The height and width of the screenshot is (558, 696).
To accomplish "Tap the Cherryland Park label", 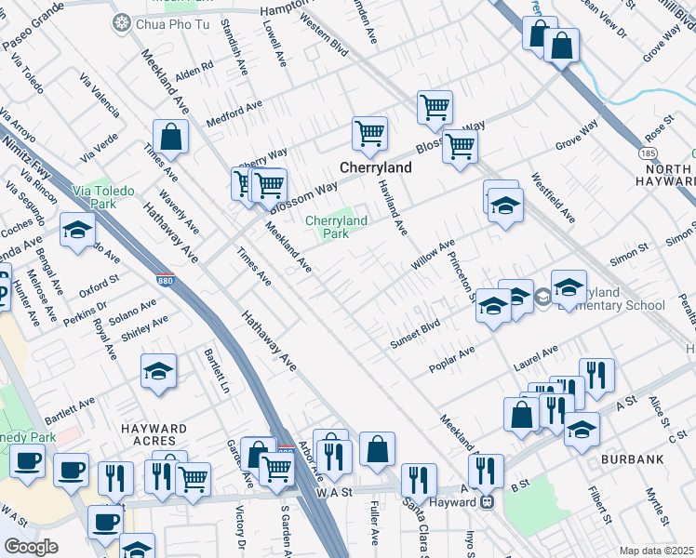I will (x=336, y=227).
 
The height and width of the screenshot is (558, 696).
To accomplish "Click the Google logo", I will (x=31, y=547).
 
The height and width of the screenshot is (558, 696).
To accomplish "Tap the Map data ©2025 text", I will (x=656, y=551).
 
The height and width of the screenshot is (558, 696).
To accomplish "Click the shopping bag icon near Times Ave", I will (x=172, y=138).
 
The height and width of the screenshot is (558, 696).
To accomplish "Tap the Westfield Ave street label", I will (x=553, y=197).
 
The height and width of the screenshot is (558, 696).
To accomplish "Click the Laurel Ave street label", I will (x=535, y=360).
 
